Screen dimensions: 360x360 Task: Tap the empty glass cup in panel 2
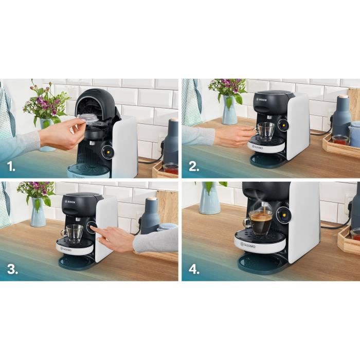(266, 131)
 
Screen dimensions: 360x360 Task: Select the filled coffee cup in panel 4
(261, 222)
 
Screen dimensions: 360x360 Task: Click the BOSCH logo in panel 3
(70, 202)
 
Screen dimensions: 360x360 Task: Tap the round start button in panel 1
(109, 151)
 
